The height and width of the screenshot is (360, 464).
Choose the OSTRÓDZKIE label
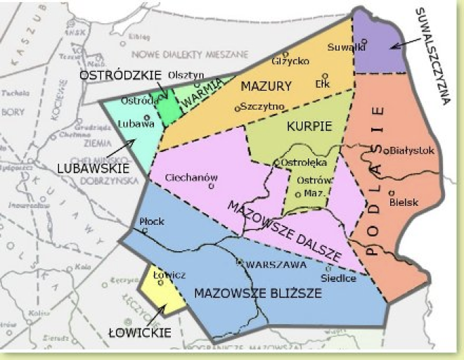120,74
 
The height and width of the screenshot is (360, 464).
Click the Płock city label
152,221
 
